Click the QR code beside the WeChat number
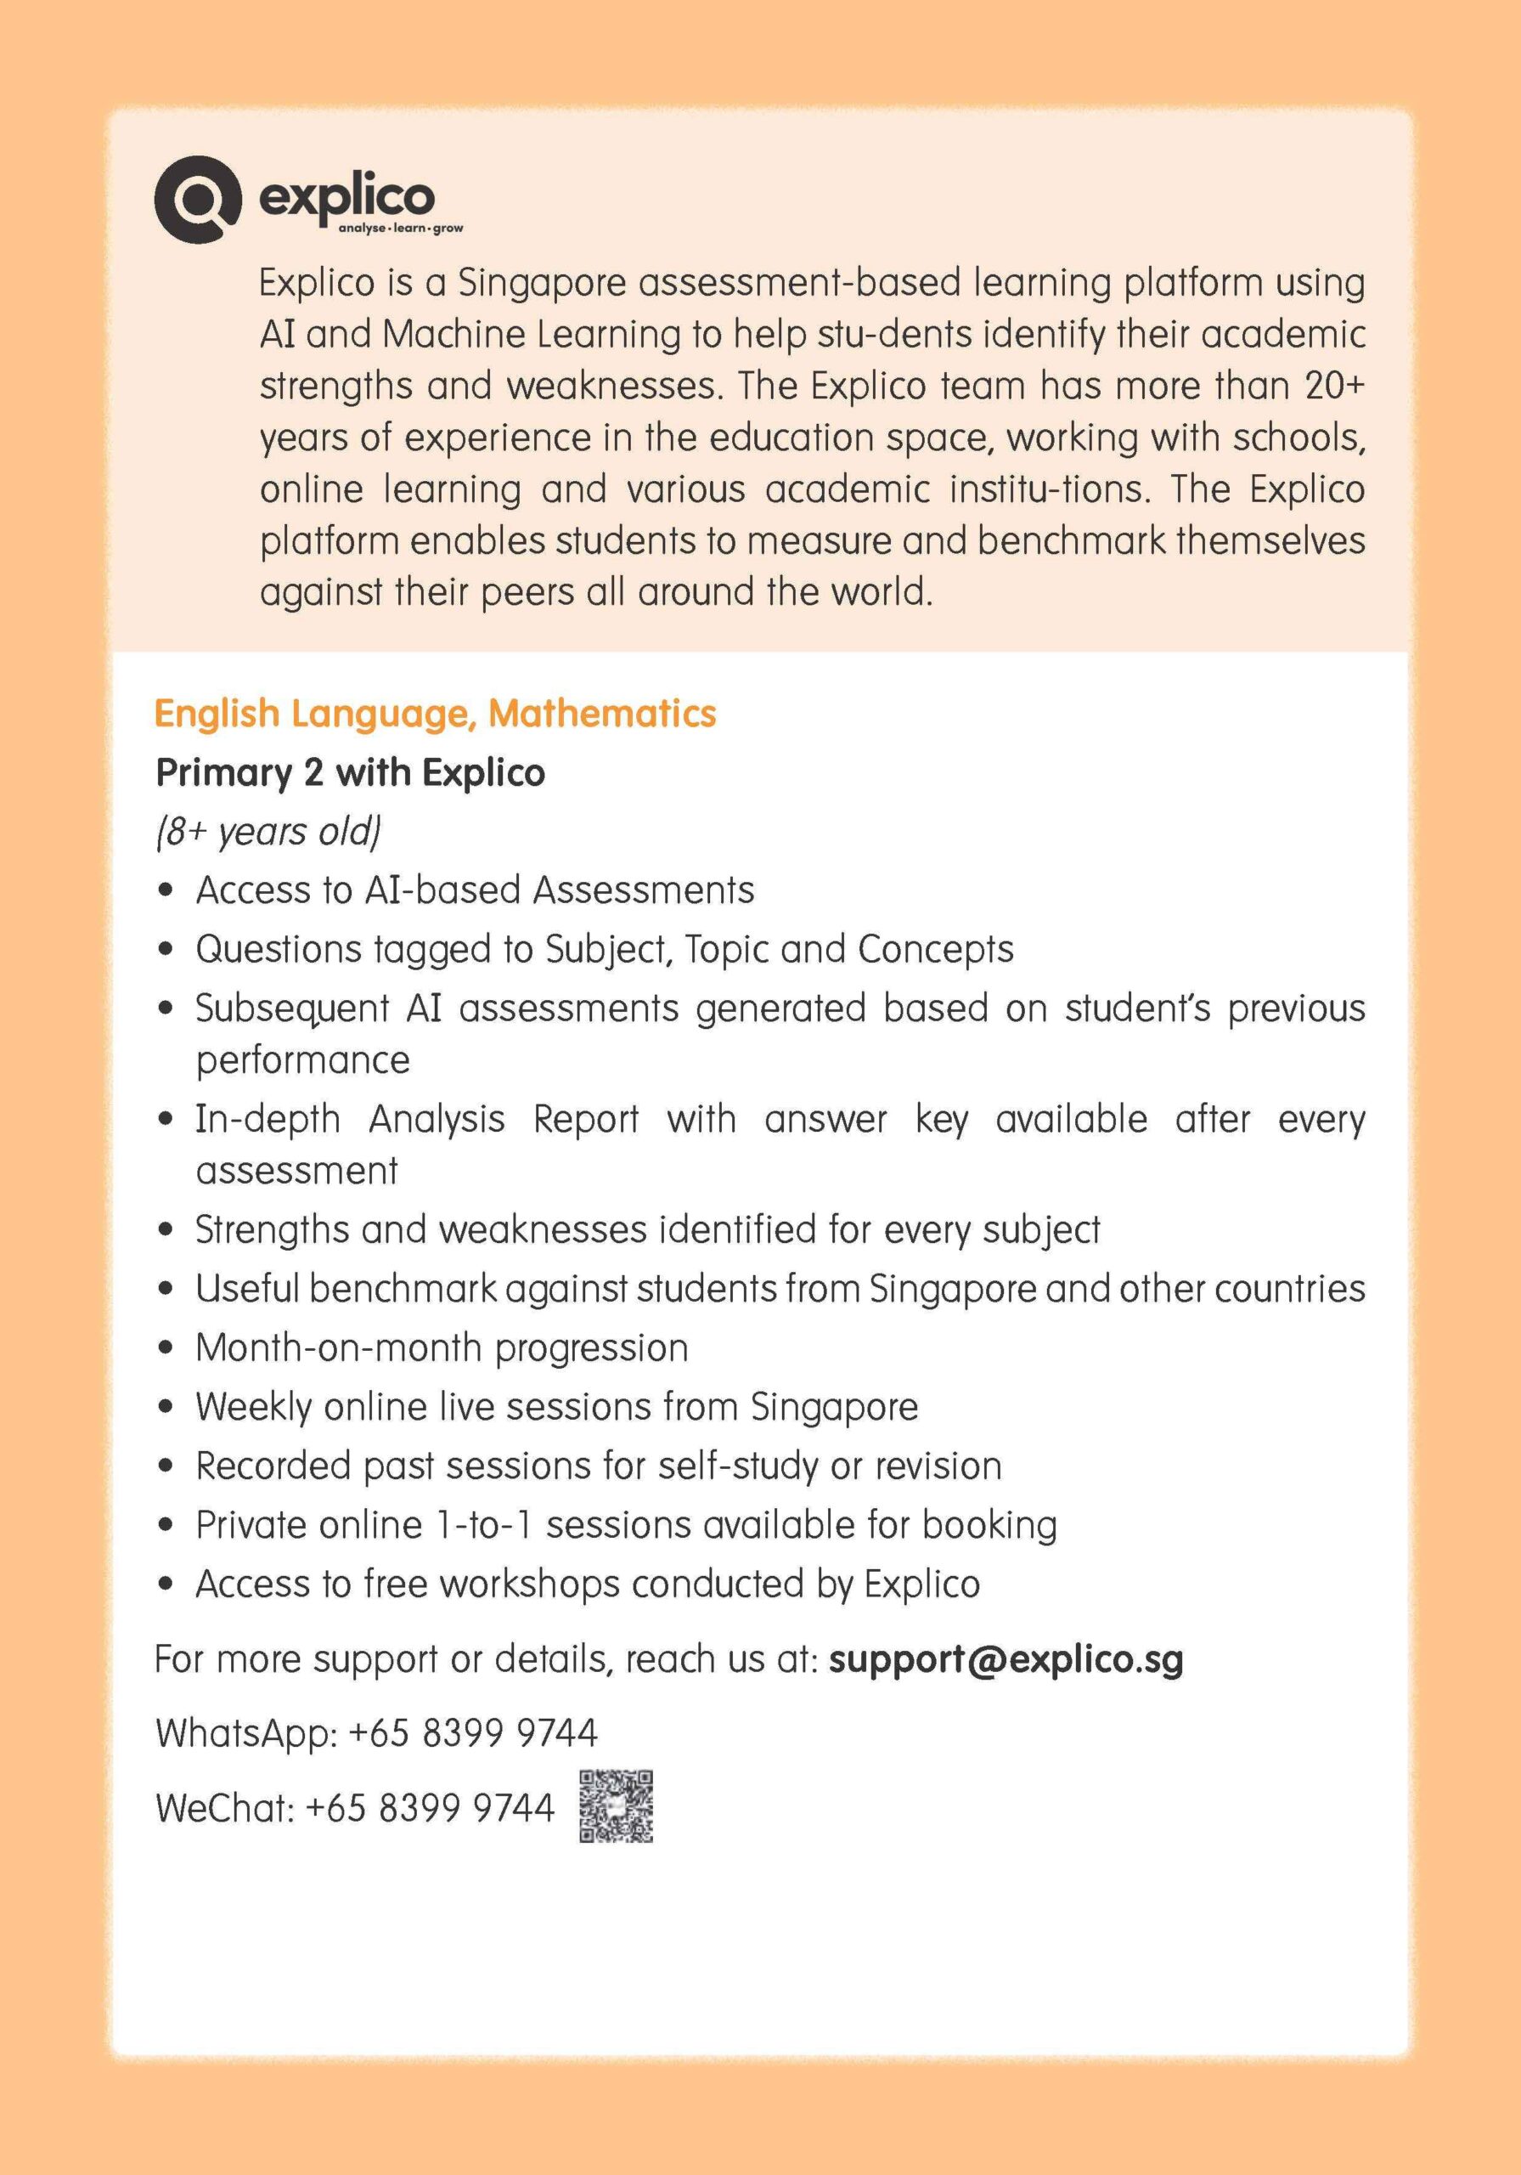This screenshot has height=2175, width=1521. [616, 1806]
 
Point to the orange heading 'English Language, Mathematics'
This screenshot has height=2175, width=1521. [435, 714]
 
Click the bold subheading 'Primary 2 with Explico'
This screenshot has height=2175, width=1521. [350, 773]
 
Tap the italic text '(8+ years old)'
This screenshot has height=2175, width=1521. [268, 832]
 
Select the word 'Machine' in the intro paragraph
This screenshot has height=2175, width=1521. [453, 335]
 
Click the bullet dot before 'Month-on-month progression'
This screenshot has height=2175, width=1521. [166, 1348]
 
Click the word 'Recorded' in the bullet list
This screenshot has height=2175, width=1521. [273, 1466]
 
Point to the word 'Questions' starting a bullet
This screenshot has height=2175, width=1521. [279, 949]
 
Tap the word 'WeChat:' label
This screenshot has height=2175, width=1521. [225, 1807]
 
